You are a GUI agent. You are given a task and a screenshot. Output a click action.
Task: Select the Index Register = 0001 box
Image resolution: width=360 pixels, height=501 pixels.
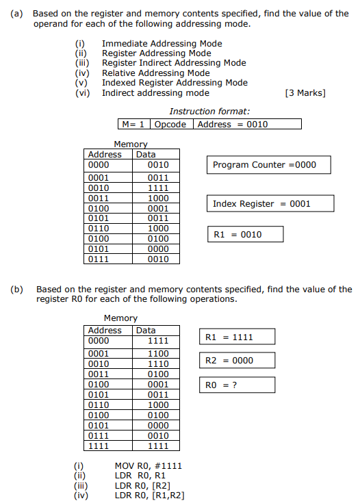click(x=270, y=203)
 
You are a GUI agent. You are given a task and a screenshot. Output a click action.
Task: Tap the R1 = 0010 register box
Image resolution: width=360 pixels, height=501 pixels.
click(x=244, y=234)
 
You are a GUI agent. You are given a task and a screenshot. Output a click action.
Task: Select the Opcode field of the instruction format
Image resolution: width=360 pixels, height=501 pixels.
click(x=170, y=124)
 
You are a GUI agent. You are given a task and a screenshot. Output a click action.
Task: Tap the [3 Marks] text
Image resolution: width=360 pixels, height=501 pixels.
click(x=305, y=93)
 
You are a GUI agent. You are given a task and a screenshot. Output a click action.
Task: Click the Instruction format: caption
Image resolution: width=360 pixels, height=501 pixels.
click(x=209, y=112)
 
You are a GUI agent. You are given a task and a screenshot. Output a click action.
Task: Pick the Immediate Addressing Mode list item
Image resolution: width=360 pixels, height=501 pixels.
click(x=162, y=44)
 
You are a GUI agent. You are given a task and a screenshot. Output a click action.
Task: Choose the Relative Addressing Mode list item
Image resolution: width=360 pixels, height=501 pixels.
click(x=156, y=73)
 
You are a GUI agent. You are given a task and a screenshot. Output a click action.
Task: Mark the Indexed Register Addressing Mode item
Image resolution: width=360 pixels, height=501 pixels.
click(x=175, y=83)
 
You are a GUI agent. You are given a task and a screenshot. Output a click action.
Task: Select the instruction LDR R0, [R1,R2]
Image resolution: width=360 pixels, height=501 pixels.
click(x=149, y=496)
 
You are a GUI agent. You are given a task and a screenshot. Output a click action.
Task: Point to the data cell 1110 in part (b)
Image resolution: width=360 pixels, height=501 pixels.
click(x=157, y=364)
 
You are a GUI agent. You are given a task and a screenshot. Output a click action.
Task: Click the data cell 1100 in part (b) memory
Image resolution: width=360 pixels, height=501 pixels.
click(x=157, y=354)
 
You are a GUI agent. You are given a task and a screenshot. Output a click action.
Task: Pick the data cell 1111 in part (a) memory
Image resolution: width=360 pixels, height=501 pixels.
click(x=157, y=188)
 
